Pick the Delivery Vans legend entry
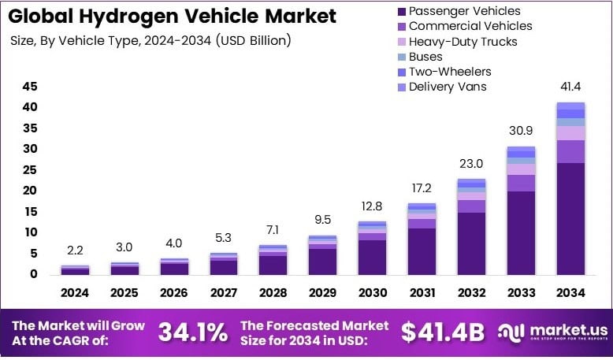(x=453, y=87)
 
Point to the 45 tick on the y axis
(x=30, y=86)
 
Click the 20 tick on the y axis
(x=30, y=191)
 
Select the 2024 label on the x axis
(x=76, y=293)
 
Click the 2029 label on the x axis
(x=322, y=293)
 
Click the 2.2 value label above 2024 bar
(x=76, y=251)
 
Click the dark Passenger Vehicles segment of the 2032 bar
(x=471, y=243)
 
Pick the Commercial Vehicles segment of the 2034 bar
(x=570, y=151)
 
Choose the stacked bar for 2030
(x=372, y=247)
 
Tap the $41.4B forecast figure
(x=442, y=332)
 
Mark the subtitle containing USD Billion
(x=150, y=40)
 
